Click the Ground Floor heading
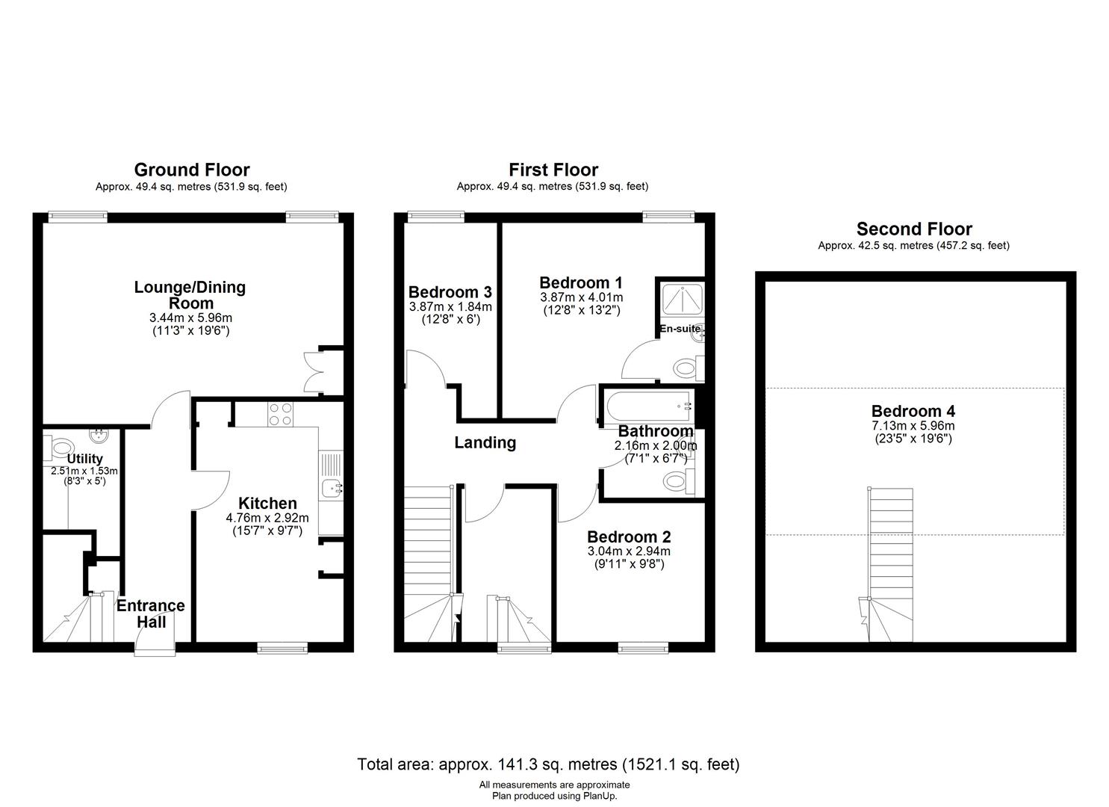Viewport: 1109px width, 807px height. pos(192,170)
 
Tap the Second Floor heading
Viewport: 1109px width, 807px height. pos(914,229)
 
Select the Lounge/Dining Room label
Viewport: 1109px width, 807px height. pos(190,295)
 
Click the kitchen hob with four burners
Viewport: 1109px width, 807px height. pos(280,414)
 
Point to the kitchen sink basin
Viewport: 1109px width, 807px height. pos(330,489)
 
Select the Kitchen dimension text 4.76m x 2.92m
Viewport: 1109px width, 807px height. pos(267,518)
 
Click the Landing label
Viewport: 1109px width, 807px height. pos(485,442)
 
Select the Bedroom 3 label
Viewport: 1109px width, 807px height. pos(450,291)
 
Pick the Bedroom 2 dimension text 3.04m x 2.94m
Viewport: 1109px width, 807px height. pos(629,551)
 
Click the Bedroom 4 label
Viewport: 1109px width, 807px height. pos(913,411)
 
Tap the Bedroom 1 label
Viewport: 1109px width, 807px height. pos(581,282)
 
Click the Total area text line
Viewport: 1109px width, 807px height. pos(549,764)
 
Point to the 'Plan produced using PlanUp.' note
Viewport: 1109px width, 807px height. pos(554,796)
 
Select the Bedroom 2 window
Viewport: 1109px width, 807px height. pos(643,647)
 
